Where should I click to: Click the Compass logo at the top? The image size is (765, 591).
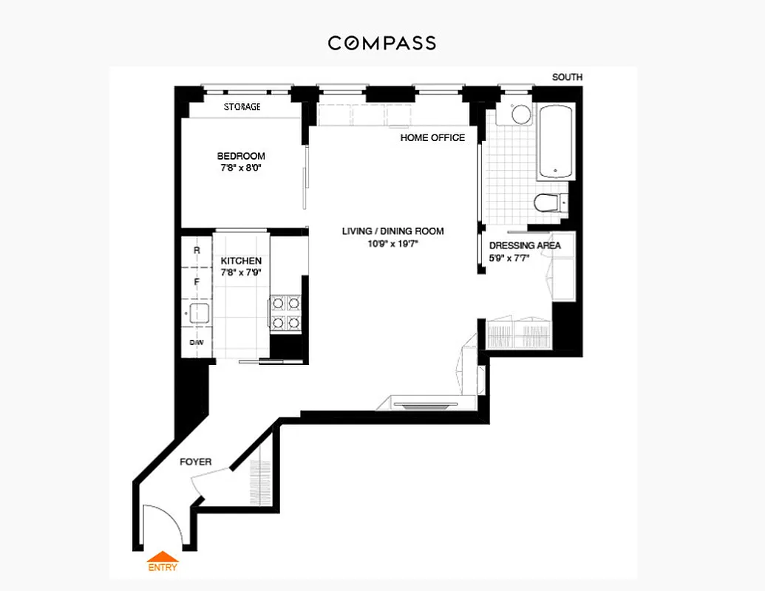coord(382,43)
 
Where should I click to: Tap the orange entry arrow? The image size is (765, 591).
coord(163,558)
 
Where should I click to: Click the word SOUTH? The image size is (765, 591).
coord(567,77)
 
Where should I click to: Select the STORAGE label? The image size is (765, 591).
coord(242,107)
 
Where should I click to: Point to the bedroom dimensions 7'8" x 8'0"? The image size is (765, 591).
coord(241,168)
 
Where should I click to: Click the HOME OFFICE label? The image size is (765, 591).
coord(432,137)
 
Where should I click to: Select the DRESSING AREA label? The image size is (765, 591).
coord(525,245)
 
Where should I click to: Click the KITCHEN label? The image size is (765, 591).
coord(241,261)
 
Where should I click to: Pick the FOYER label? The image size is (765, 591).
coord(196,462)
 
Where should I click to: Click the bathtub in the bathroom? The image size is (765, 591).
coord(556,143)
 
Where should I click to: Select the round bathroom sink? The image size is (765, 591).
coord(521,115)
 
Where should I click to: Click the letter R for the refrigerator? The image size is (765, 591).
coord(197,250)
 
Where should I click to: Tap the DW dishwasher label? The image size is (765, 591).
coord(197,343)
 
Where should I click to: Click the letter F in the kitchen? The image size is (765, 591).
coord(197,282)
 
